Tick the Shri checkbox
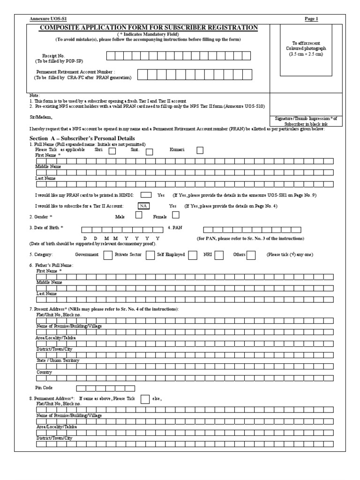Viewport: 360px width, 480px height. pyautogui.click(x=112, y=151)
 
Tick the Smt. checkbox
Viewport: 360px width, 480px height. pyautogui.click(x=150, y=151)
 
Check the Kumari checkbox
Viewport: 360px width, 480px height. pyautogui.click(x=200, y=150)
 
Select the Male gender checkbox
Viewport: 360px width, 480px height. pyautogui.click(x=139, y=216)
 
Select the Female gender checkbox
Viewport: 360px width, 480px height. pyautogui.click(x=176, y=216)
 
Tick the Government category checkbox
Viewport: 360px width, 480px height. pyautogui.click(x=107, y=255)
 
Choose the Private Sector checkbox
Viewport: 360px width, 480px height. pyautogui.click(x=150, y=255)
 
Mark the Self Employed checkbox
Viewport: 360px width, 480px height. pyautogui.click(x=192, y=255)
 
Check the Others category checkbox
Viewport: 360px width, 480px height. pyautogui.click(x=251, y=255)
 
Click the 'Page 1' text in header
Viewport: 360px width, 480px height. pyautogui.click(x=311, y=19)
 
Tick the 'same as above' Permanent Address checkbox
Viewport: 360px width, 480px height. pyautogui.click(x=145, y=398)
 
